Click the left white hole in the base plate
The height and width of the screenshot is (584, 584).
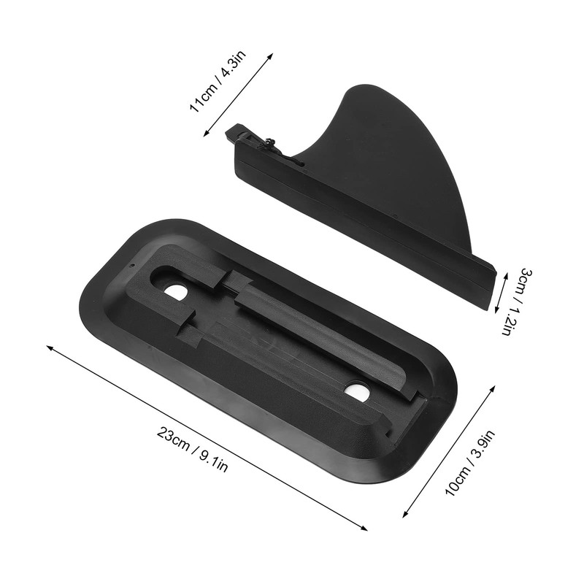pos(175,291)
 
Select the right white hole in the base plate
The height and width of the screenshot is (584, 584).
pos(357,392)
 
